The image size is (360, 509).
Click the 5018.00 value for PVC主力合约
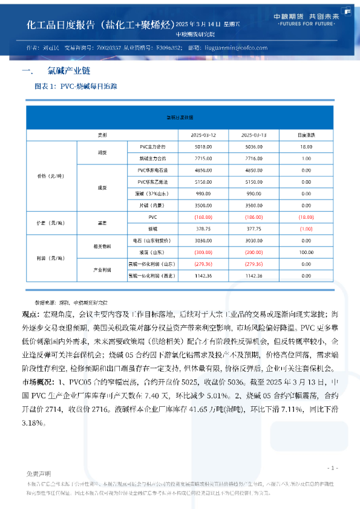(x=203, y=147)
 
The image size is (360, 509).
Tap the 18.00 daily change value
(x=306, y=147)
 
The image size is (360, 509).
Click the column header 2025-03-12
(x=203, y=134)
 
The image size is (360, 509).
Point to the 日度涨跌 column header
(x=306, y=134)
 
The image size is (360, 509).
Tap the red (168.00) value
(x=203, y=216)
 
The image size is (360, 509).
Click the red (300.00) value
(x=203, y=251)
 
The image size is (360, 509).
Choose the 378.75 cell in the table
(x=203, y=229)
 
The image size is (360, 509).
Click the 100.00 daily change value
(x=306, y=251)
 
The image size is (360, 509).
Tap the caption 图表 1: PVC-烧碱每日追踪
(x=76, y=86)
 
